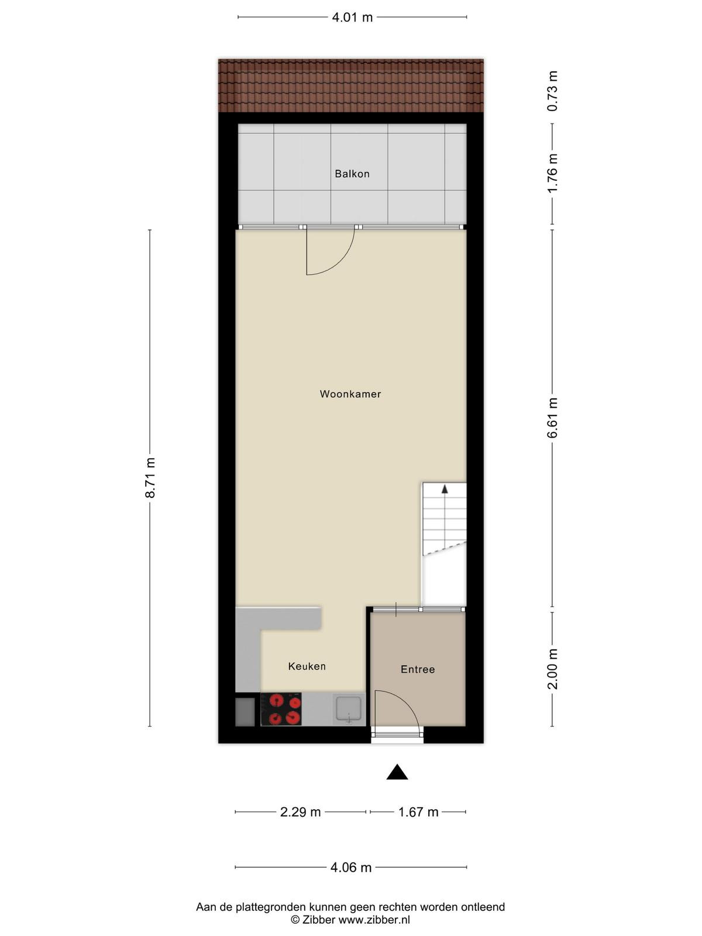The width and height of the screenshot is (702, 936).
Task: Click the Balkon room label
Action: tap(352, 174)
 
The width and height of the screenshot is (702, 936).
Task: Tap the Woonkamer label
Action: tap(350, 394)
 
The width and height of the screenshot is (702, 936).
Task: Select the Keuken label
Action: tap(307, 666)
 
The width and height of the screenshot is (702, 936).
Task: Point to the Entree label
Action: tap(418, 669)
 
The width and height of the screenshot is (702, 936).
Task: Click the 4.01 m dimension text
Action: tap(352, 18)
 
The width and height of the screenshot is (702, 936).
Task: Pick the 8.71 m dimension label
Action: tap(150, 477)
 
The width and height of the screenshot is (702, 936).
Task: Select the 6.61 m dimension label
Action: tap(553, 418)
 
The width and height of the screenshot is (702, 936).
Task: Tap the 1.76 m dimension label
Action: tap(553, 173)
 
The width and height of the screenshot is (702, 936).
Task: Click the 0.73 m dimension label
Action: tap(553, 91)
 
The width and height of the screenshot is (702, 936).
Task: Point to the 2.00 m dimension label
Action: tap(553, 669)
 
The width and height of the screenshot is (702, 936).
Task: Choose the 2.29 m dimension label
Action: tap(300, 812)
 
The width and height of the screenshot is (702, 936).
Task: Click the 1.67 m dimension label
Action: tap(418, 812)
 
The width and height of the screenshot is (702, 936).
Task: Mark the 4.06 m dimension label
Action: tap(351, 868)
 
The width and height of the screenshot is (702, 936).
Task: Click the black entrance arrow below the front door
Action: tap(397, 773)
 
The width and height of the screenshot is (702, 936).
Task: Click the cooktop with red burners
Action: tap(281, 709)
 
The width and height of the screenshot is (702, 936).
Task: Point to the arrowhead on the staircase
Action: tap(445, 489)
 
